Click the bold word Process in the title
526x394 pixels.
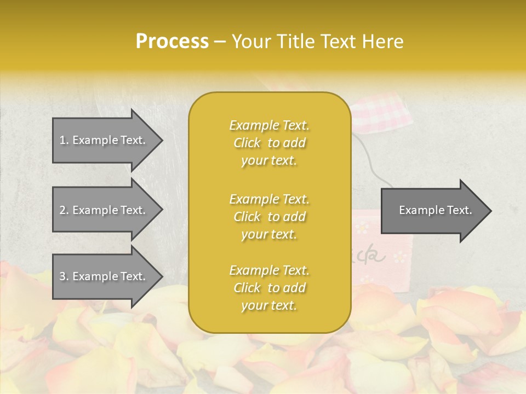click(172, 42)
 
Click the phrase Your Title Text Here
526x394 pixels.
click(317, 42)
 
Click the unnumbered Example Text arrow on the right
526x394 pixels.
click(435, 210)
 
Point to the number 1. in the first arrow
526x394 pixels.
click(64, 140)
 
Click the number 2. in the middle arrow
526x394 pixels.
click(64, 210)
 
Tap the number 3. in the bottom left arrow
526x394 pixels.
click(64, 276)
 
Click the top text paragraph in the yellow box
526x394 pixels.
click(269, 143)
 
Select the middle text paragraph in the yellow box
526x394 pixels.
click(269, 217)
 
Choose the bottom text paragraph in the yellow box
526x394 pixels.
click(269, 288)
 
